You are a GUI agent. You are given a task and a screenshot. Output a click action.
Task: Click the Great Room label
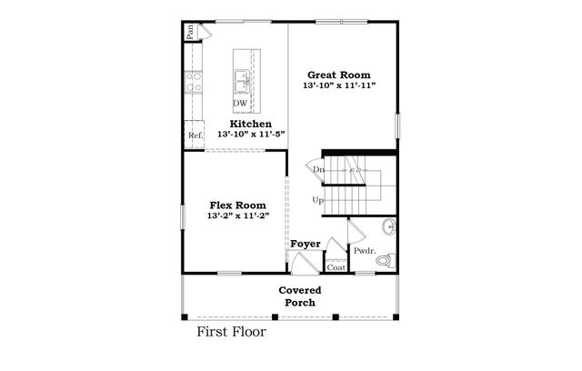340,75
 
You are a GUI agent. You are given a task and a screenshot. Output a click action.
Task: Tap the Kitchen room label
250,123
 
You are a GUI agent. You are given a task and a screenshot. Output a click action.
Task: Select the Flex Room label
239,206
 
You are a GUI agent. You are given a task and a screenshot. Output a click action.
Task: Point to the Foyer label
305,244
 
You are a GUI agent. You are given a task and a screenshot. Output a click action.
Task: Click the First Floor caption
232,331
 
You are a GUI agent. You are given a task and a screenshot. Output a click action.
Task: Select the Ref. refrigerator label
195,135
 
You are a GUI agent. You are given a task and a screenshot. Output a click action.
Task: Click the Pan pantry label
191,30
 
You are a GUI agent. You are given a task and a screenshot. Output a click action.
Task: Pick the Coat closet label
336,267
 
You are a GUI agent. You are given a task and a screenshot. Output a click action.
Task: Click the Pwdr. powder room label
365,251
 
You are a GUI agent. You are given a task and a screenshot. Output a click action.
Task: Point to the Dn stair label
318,170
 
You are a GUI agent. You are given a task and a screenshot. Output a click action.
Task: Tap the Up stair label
317,200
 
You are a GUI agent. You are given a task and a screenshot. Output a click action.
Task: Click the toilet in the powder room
386,261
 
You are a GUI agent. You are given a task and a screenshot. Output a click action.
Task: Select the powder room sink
389,226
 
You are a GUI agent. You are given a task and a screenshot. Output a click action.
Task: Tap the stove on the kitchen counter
193,85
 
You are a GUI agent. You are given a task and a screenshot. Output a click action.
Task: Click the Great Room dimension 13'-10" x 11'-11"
339,86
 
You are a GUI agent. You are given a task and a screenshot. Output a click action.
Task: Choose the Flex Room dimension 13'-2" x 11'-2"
239,217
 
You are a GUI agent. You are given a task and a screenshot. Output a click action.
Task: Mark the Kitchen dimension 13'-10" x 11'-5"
250,135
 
